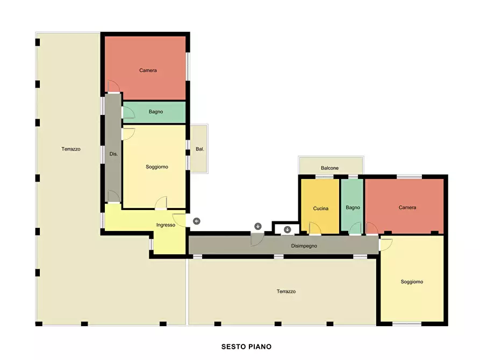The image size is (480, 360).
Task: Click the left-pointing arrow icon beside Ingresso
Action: tap(197, 221)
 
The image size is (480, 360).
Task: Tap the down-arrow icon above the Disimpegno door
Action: tap(258, 226)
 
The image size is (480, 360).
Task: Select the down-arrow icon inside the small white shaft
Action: tap(287, 229)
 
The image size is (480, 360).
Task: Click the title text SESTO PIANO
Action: tap(246, 347)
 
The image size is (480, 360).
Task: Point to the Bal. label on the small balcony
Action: tap(199, 149)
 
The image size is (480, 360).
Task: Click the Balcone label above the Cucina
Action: tap(329, 168)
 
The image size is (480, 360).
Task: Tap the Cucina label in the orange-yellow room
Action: tap(320, 208)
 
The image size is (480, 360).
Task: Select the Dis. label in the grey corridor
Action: tap(113, 154)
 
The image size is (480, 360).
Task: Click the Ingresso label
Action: tap(166, 225)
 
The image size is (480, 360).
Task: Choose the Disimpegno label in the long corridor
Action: tap(304, 246)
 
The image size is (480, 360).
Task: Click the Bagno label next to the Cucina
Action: tap(353, 207)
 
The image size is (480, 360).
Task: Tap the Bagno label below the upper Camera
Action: tap(156, 112)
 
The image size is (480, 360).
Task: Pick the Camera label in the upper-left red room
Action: tap(148, 70)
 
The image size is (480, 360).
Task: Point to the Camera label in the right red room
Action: tap(407, 207)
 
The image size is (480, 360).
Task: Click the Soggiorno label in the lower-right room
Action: tap(412, 282)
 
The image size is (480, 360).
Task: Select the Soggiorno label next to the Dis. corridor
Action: tap(157, 167)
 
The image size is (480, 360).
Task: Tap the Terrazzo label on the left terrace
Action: tap(71, 149)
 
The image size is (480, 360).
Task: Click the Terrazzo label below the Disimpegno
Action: tap(286, 291)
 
